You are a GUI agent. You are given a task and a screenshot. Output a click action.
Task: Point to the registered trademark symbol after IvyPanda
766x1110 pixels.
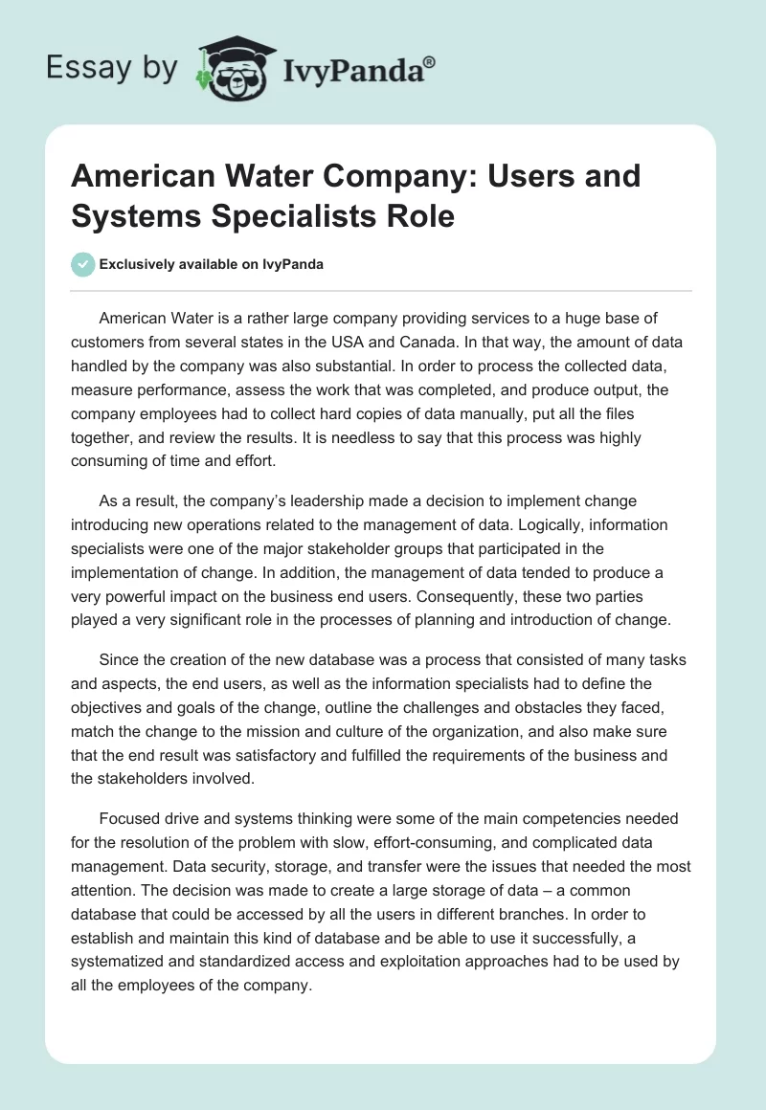click(430, 61)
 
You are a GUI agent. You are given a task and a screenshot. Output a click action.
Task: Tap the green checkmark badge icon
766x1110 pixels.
click(83, 264)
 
